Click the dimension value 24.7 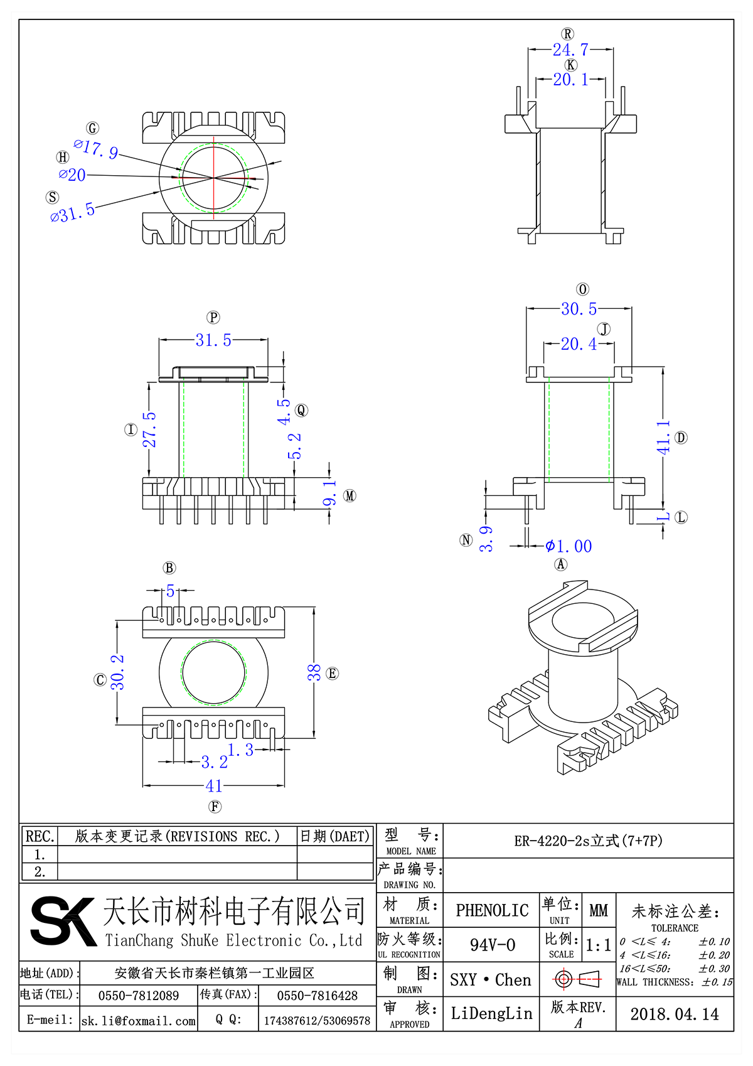pos(570,50)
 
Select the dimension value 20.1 pos(570,80)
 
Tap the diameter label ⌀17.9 pos(96,149)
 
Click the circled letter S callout pos(53,197)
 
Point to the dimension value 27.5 pos(150,430)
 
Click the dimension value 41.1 pos(663,438)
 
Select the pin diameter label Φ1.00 pos(569,546)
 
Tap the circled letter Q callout pos(301,411)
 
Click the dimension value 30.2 pos(117,672)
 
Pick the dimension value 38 pos(314,672)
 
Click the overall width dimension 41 pos(214,786)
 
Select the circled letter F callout pos(215,807)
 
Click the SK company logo pos(63,921)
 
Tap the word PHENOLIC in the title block pos(492,910)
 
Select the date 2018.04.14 pos(675,1014)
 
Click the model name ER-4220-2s pos(588,841)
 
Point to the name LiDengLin pos(491,1013)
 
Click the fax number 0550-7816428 pos(317,996)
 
